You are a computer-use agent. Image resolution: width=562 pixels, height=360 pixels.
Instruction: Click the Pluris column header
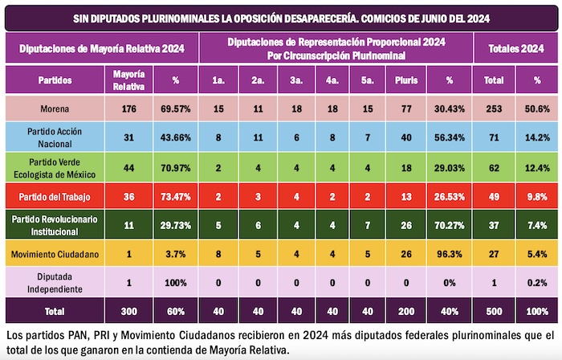click(406, 80)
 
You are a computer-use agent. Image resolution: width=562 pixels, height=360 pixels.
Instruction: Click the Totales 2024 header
click(516, 49)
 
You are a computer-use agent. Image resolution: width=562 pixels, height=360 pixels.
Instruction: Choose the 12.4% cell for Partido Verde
click(536, 167)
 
